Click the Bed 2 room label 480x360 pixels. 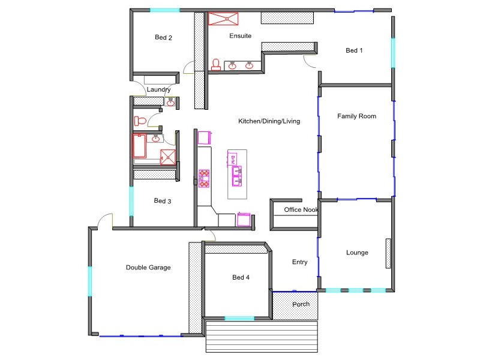point(163,38)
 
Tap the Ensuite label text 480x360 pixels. point(240,36)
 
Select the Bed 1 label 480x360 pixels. point(354,51)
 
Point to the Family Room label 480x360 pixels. point(356,116)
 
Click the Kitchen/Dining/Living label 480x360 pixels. point(269,121)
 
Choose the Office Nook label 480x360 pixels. point(301,210)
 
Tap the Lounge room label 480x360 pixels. point(357,253)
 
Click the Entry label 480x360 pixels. point(299,262)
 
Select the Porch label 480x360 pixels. point(301,304)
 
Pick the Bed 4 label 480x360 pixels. point(241,277)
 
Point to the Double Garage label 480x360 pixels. point(148,268)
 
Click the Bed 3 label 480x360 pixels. point(163,201)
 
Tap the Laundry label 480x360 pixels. point(159,90)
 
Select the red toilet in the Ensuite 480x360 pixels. point(216,64)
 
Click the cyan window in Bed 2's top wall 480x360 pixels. point(164,10)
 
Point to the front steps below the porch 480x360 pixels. point(261,337)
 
